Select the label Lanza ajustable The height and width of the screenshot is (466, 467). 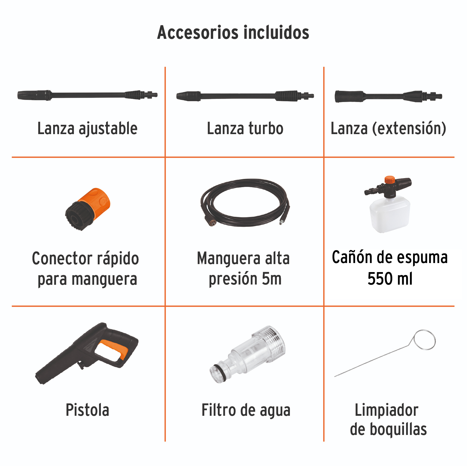pos(87,128)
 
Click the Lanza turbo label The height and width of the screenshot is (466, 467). pos(245,128)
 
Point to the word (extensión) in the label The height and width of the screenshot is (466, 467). pos(409,128)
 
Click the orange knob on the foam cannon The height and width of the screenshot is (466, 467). pos(389,179)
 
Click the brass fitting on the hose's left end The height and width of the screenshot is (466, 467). pos(212,222)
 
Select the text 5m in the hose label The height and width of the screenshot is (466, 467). pos(271,279)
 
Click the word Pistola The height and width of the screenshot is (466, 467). pos(87,410)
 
